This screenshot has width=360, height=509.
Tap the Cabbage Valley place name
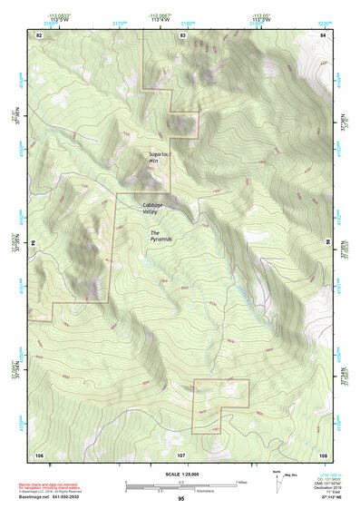153,208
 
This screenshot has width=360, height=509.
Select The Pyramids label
161,239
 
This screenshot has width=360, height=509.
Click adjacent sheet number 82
39,34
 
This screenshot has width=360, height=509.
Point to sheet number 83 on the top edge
182,34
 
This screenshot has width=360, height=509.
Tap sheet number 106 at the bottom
39,453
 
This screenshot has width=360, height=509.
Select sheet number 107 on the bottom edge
181,453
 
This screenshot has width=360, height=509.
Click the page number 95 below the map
181,499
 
